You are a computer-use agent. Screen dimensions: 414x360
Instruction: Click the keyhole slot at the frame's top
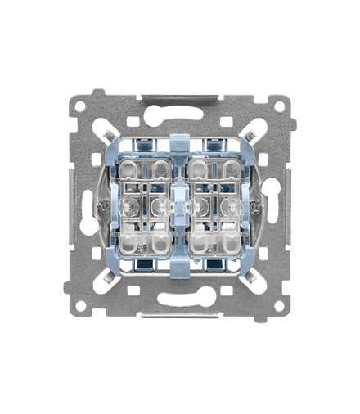coord(180,106)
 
